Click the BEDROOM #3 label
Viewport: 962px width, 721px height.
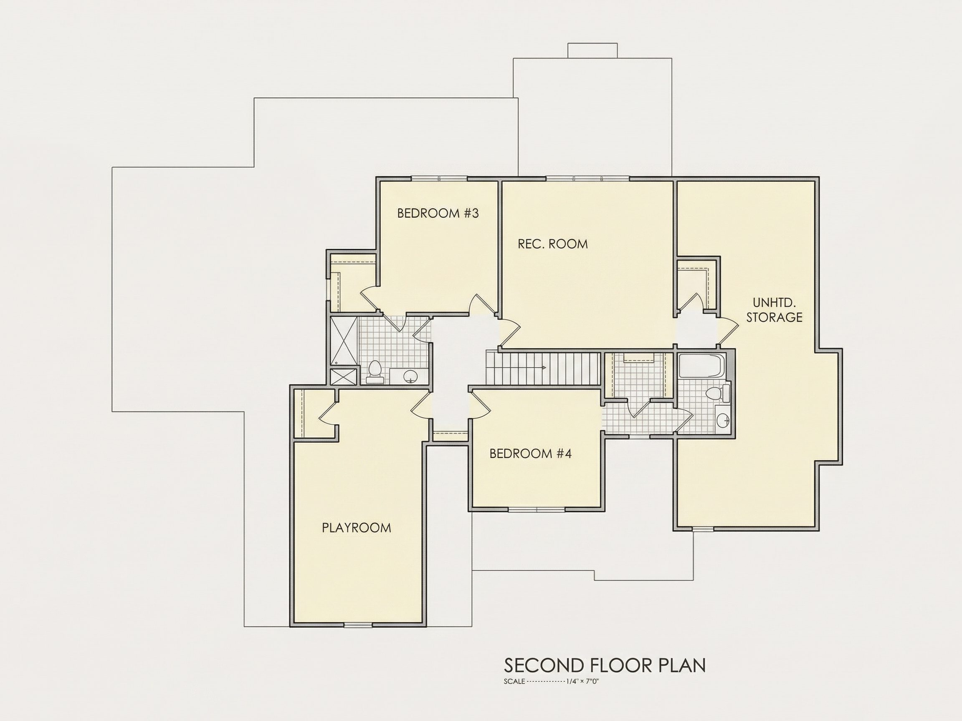pos(438,213)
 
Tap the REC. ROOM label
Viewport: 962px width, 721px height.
pos(553,244)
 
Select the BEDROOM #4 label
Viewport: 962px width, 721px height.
pos(531,454)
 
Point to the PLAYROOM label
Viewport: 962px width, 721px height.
pos(357,527)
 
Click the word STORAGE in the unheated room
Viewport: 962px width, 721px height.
pos(775,317)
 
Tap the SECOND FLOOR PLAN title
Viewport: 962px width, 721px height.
pos(605,666)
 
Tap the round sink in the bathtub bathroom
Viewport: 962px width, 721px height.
pos(723,420)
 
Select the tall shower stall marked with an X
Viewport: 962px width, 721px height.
pos(344,341)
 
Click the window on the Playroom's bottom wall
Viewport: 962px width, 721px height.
pos(358,625)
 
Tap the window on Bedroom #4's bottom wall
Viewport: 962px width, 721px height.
pos(537,509)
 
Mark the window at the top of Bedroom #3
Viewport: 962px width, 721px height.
pos(439,178)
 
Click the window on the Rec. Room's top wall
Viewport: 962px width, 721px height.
pos(587,178)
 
